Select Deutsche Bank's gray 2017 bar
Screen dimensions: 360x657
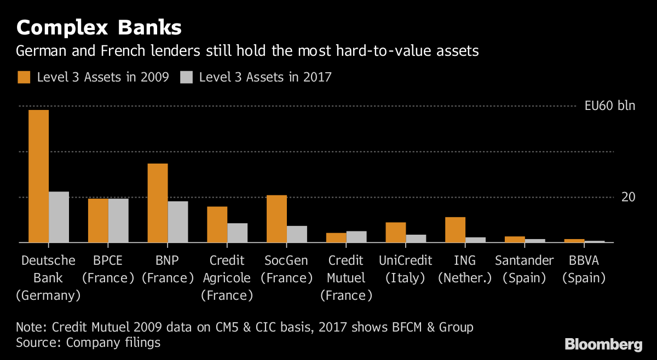tap(59, 217)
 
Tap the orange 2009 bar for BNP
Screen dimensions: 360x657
tap(158, 203)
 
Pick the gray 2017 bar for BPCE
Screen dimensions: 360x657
tap(118, 220)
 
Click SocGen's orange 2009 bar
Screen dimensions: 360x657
tap(276, 219)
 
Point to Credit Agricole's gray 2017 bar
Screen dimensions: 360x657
tap(237, 233)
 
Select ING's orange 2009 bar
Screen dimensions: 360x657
tap(455, 230)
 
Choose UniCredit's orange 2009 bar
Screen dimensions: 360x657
tap(396, 232)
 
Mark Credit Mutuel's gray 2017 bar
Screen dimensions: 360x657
tap(356, 236)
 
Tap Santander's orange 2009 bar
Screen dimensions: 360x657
tap(515, 239)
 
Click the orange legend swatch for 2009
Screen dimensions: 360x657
tap(24, 77)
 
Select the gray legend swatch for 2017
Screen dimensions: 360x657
tap(187, 77)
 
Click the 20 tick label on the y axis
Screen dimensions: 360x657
tap(628, 197)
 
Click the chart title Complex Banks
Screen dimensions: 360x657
tap(99, 27)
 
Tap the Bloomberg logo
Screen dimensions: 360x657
tap(603, 344)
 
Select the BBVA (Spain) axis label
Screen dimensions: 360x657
tap(584, 269)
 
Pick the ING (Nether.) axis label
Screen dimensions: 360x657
tap(465, 269)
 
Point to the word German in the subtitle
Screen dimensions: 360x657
tap(41, 51)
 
